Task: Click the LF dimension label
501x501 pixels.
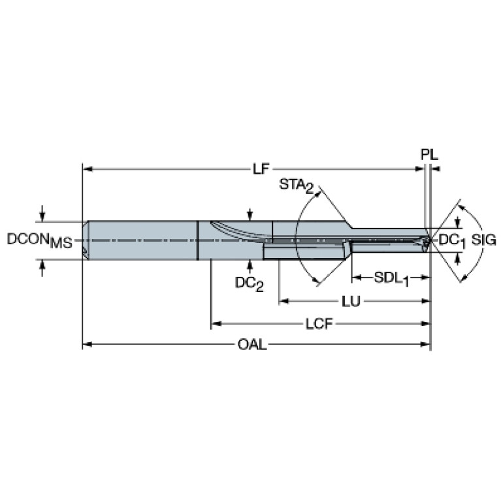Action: coord(261,169)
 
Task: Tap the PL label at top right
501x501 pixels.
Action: coord(429,155)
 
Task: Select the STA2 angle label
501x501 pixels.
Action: coord(296,186)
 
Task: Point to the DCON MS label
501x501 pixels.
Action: coord(40,240)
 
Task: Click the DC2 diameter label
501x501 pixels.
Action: coord(250,283)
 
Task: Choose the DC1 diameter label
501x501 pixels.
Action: coord(451,241)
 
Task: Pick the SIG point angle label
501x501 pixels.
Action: coord(484,240)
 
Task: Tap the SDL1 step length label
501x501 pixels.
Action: coord(391,279)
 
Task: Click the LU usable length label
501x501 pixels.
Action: coord(351,301)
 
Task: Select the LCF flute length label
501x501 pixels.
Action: coord(319,324)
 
